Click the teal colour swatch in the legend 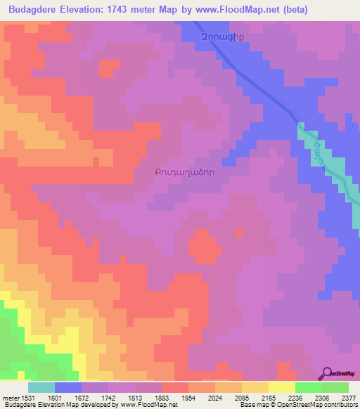point(41,387)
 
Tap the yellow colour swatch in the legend point(281,387)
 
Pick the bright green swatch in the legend point(308,387)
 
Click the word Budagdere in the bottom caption point(22,405)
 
